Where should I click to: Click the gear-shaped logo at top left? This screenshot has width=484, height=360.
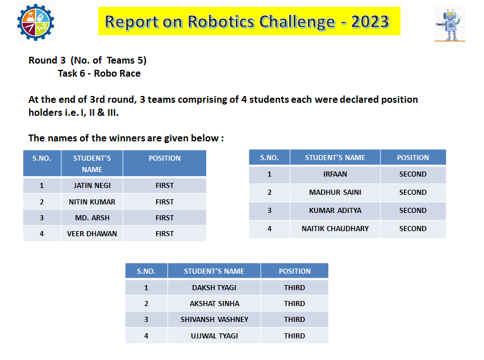click(35, 22)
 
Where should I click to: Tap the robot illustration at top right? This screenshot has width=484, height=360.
click(449, 24)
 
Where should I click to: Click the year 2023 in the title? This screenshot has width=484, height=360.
click(370, 22)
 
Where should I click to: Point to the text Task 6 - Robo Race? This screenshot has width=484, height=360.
click(99, 73)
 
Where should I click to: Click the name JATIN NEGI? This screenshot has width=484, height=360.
click(92, 186)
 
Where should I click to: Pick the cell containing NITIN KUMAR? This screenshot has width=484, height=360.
click(92, 202)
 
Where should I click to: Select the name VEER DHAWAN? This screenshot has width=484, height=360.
click(92, 233)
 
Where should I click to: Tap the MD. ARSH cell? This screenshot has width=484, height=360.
click(92, 218)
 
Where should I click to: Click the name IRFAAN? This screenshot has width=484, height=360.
click(335, 174)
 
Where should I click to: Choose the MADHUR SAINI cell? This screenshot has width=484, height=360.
click(335, 192)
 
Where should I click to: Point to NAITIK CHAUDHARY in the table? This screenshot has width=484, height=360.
click(335, 229)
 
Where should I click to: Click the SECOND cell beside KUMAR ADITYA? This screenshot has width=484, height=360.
click(412, 211)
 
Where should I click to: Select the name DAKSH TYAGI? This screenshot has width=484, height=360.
click(214, 287)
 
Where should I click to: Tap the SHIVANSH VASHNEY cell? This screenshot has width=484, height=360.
click(214, 319)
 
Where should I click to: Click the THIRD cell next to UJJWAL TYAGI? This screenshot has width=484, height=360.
click(294, 336)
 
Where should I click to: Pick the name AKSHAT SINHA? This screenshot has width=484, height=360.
click(214, 304)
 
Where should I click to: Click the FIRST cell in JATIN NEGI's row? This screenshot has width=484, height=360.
click(165, 186)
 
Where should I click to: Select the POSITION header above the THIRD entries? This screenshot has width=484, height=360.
click(294, 271)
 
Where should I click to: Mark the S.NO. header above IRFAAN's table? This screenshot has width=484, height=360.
click(269, 158)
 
